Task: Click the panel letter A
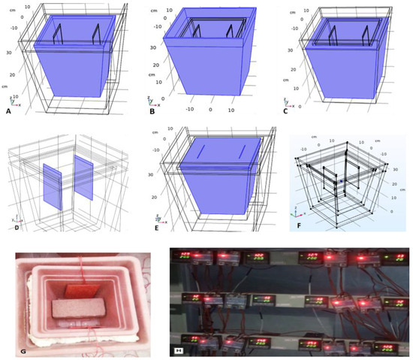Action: [9, 110]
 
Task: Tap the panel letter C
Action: [283, 110]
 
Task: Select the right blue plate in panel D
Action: [84, 178]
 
